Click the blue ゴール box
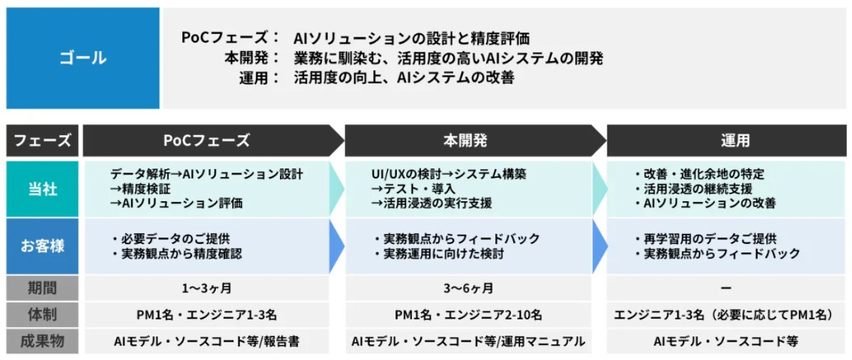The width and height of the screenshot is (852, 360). (83, 58)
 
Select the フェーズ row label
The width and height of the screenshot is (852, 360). (43, 140)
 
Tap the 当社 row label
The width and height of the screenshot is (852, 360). (43, 189)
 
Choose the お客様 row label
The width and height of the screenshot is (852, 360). (43, 246)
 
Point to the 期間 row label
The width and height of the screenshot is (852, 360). (43, 288)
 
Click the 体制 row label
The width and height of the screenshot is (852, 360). (43, 315)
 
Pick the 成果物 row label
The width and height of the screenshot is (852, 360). (43, 341)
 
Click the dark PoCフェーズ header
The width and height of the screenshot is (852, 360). (206, 140)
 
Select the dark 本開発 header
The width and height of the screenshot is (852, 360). (468, 140)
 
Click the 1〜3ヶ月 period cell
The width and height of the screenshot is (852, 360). (206, 288)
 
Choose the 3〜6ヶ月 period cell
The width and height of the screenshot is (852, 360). (468, 288)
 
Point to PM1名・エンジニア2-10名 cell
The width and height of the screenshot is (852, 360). (468, 315)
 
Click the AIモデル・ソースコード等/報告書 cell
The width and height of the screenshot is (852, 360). (206, 341)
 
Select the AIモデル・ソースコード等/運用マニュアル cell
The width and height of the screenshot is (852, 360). (468, 341)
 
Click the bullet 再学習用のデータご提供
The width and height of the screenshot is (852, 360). (708, 238)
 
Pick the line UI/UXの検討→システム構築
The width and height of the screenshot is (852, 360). (449, 174)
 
